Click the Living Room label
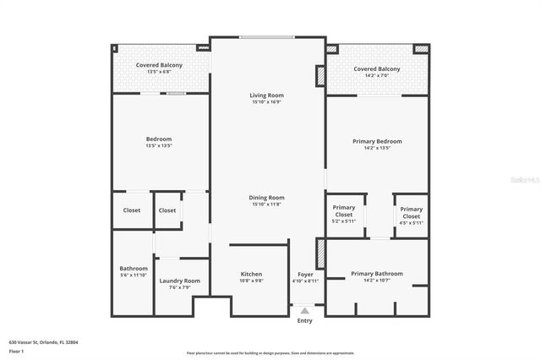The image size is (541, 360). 266,95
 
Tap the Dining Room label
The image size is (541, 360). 266,197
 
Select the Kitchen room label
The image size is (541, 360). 251,274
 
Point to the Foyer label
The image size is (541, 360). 305,274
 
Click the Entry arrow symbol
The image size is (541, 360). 304,311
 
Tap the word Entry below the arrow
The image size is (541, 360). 304,320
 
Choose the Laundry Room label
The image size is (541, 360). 179,281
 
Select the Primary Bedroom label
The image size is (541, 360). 376,141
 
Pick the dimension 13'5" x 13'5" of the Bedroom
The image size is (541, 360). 159,146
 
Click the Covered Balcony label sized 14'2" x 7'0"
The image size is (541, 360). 376,69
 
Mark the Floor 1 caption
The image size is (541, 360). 17,351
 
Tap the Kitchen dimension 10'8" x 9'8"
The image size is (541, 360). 251,281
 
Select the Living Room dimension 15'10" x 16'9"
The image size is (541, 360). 266,101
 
